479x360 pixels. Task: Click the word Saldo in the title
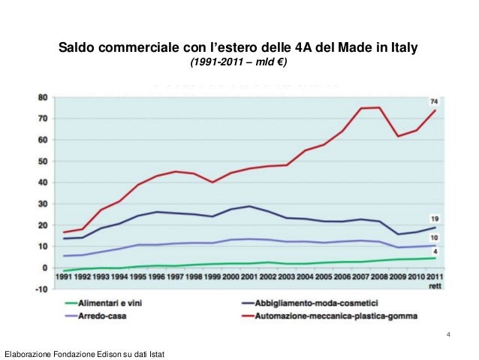pyautogui.click(x=77, y=49)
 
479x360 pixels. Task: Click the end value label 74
pyautogui.click(x=434, y=101)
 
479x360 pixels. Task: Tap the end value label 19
pyautogui.click(x=435, y=219)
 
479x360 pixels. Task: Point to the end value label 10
pyautogui.click(x=435, y=237)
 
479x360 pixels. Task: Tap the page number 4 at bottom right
pyautogui.click(x=448, y=334)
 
